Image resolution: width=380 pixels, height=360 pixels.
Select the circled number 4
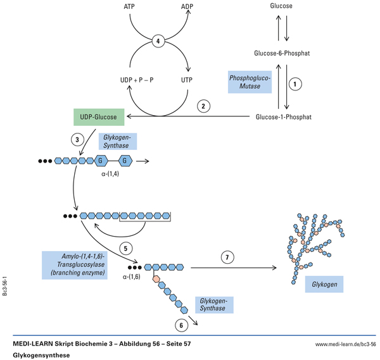pos(160,42)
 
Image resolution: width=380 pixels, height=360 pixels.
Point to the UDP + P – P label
pos(135,81)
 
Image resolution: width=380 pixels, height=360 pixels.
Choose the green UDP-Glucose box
pos(98,117)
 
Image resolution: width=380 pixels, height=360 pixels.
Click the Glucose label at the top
pos(281,6)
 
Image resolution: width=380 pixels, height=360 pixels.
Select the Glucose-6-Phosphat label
pos(282,53)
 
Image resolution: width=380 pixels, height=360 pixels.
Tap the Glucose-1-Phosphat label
pos(283,117)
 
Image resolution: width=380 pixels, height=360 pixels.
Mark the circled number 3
pos(78,140)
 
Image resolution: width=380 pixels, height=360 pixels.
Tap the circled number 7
pos(228,258)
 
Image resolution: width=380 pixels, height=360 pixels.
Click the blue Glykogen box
pos(324,284)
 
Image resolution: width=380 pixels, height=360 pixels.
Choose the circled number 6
pos(182,325)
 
